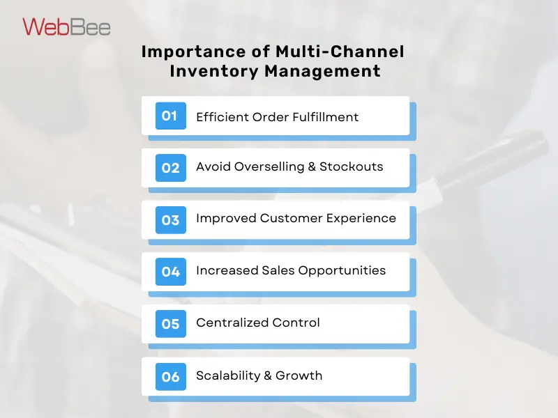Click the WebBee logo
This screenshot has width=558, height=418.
click(66, 26)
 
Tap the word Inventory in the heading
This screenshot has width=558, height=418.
click(206, 71)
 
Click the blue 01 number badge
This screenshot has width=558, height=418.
click(170, 116)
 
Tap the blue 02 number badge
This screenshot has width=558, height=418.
click(170, 168)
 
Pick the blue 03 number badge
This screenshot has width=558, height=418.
click(170, 220)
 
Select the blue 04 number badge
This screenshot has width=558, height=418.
click(170, 272)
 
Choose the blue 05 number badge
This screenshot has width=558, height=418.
click(170, 324)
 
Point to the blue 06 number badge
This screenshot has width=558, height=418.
click(170, 376)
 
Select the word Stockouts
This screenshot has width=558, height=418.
click(351, 167)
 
